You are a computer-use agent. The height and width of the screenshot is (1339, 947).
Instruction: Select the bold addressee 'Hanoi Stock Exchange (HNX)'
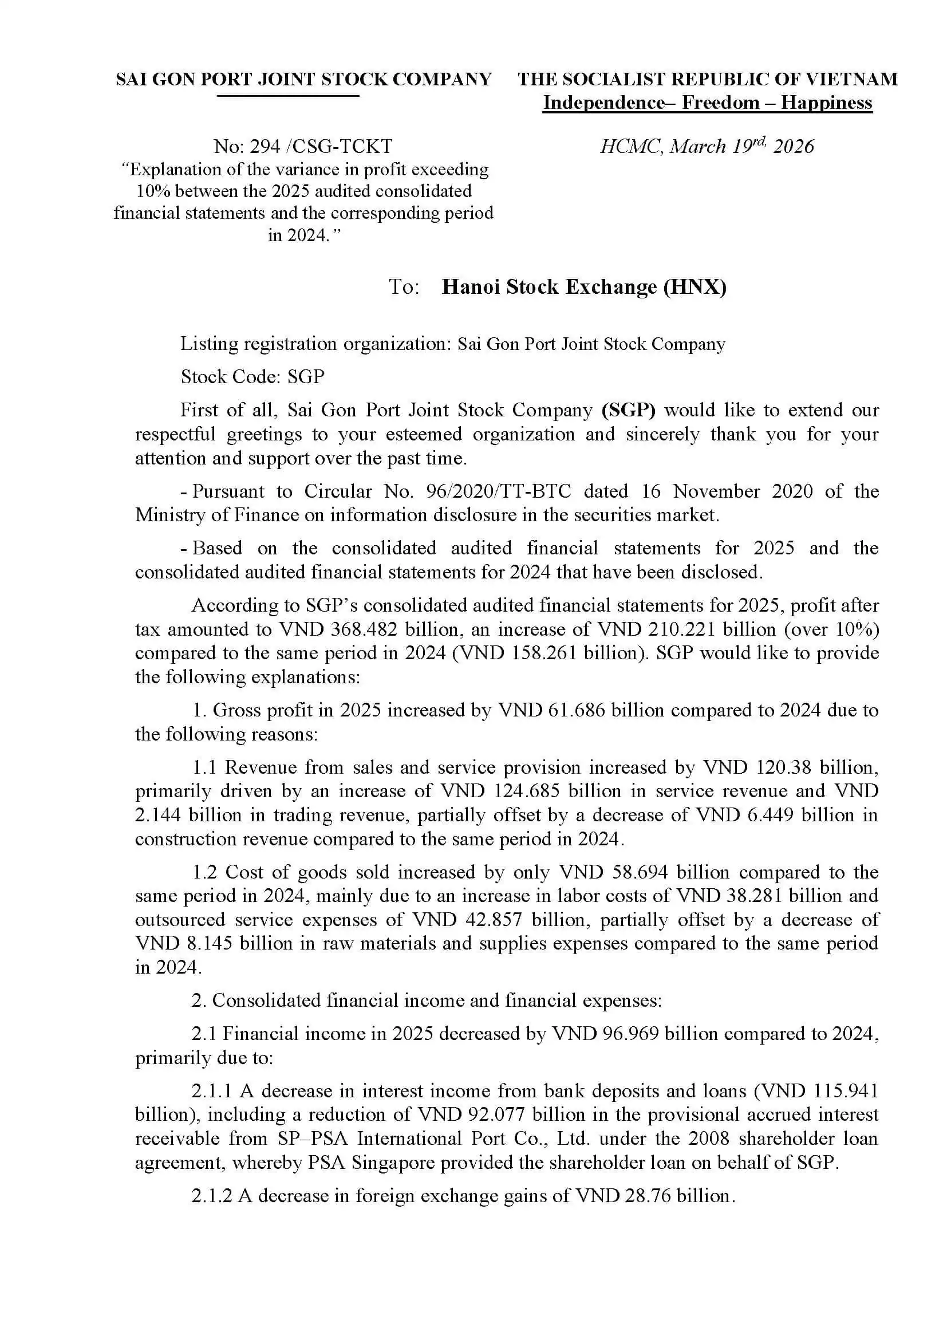[x=583, y=286]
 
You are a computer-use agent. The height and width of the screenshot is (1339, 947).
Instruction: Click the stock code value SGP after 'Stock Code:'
[x=306, y=377]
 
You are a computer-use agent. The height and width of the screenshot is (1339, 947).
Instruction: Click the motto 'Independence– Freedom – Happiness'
[x=707, y=103]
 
